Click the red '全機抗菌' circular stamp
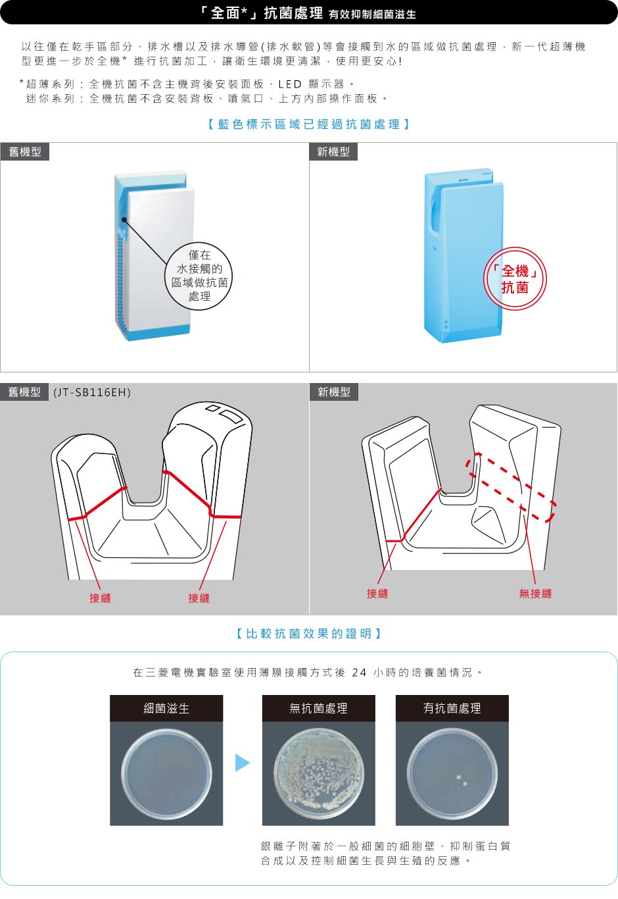(x=515, y=278)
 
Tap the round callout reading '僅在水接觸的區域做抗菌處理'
(x=199, y=276)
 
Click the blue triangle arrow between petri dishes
(x=242, y=763)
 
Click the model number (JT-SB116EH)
(x=92, y=392)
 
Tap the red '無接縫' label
(x=535, y=593)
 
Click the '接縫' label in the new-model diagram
(x=377, y=593)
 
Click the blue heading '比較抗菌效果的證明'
(x=309, y=634)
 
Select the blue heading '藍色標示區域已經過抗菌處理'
(x=309, y=124)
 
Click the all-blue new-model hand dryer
(x=463, y=255)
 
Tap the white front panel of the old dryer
(x=160, y=257)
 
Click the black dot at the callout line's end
(x=124, y=220)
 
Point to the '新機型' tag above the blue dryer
(x=333, y=152)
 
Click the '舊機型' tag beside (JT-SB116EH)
(x=24, y=392)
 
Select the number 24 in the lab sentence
(x=359, y=672)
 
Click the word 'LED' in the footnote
(x=290, y=84)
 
